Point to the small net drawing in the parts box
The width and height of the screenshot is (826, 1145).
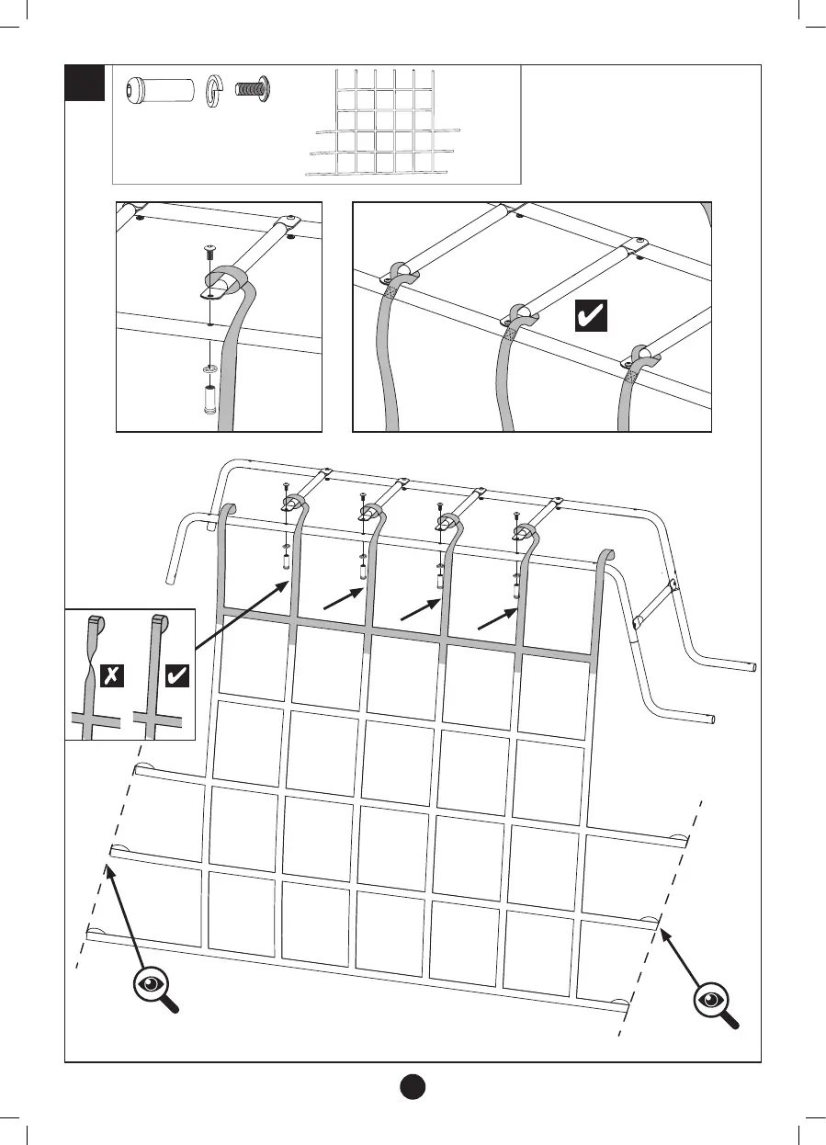pos(381,122)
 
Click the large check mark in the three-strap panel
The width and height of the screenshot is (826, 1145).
pos(588,317)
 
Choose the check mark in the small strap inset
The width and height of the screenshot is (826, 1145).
pos(175,677)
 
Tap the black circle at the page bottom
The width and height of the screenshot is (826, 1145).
pos(413,1085)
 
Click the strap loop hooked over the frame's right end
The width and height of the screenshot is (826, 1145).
pos(606,557)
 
